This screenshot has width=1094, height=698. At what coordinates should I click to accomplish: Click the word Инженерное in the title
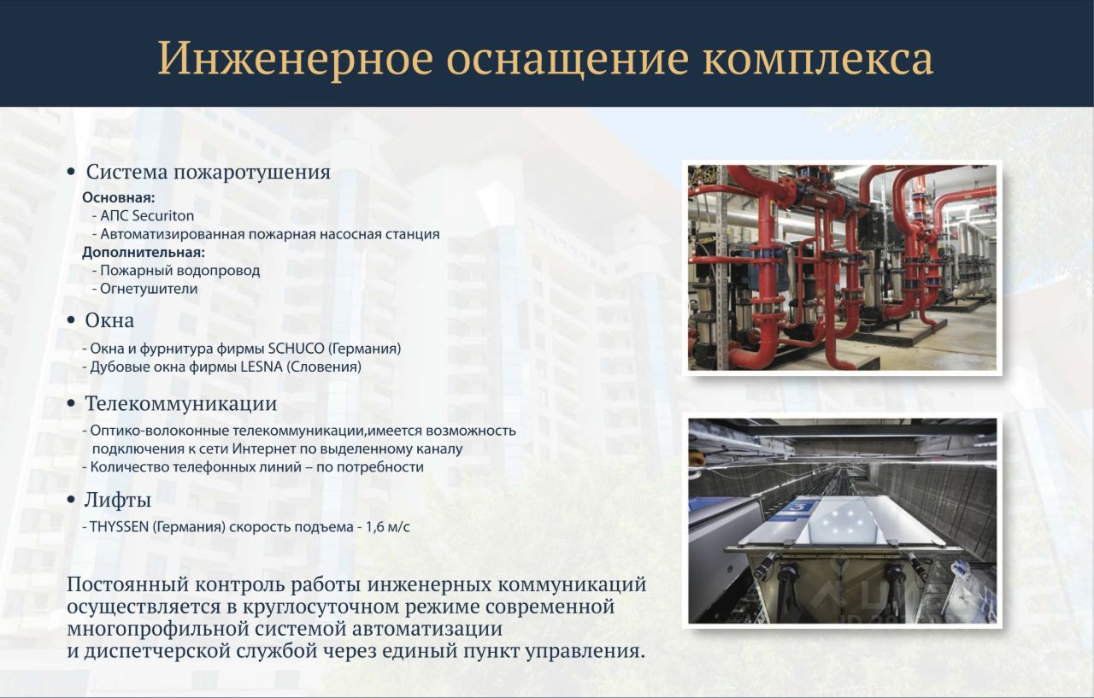[x=296, y=59]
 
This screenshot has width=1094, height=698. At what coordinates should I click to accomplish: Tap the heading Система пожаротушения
[x=209, y=173]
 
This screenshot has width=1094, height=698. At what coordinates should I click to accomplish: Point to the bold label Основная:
[x=118, y=197]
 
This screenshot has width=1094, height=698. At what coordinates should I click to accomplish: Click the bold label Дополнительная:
[x=144, y=252]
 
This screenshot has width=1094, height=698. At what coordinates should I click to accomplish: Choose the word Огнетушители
[x=149, y=289]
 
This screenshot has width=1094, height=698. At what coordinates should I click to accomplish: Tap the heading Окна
[x=109, y=320]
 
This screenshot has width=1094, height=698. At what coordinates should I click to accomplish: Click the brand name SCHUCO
[x=296, y=349]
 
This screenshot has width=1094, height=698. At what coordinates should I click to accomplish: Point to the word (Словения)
[x=324, y=367]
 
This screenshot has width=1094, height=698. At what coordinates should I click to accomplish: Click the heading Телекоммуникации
[x=181, y=403]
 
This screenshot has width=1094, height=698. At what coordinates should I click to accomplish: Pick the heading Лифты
[x=118, y=500]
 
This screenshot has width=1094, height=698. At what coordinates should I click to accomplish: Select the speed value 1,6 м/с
[x=388, y=527]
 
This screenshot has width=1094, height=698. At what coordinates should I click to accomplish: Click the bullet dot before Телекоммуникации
[x=71, y=404]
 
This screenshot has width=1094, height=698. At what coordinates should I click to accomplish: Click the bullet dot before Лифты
[x=71, y=500]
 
